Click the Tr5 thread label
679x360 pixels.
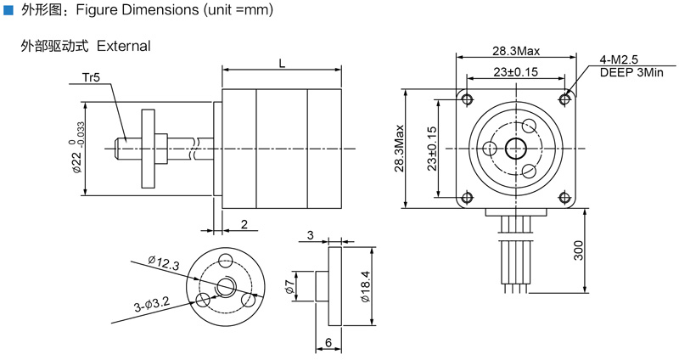pos(92,78)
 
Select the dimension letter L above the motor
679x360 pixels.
pos(281,62)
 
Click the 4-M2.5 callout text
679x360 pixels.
pos(618,59)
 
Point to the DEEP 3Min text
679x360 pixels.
pos(631,73)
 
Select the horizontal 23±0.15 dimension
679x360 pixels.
pos(515,73)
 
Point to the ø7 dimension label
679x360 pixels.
pos(289,289)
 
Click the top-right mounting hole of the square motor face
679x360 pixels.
pos(564,98)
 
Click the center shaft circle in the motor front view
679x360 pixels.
pos(514,149)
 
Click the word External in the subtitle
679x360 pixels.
pos(123,45)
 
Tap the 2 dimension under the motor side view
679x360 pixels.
pos(244,225)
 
